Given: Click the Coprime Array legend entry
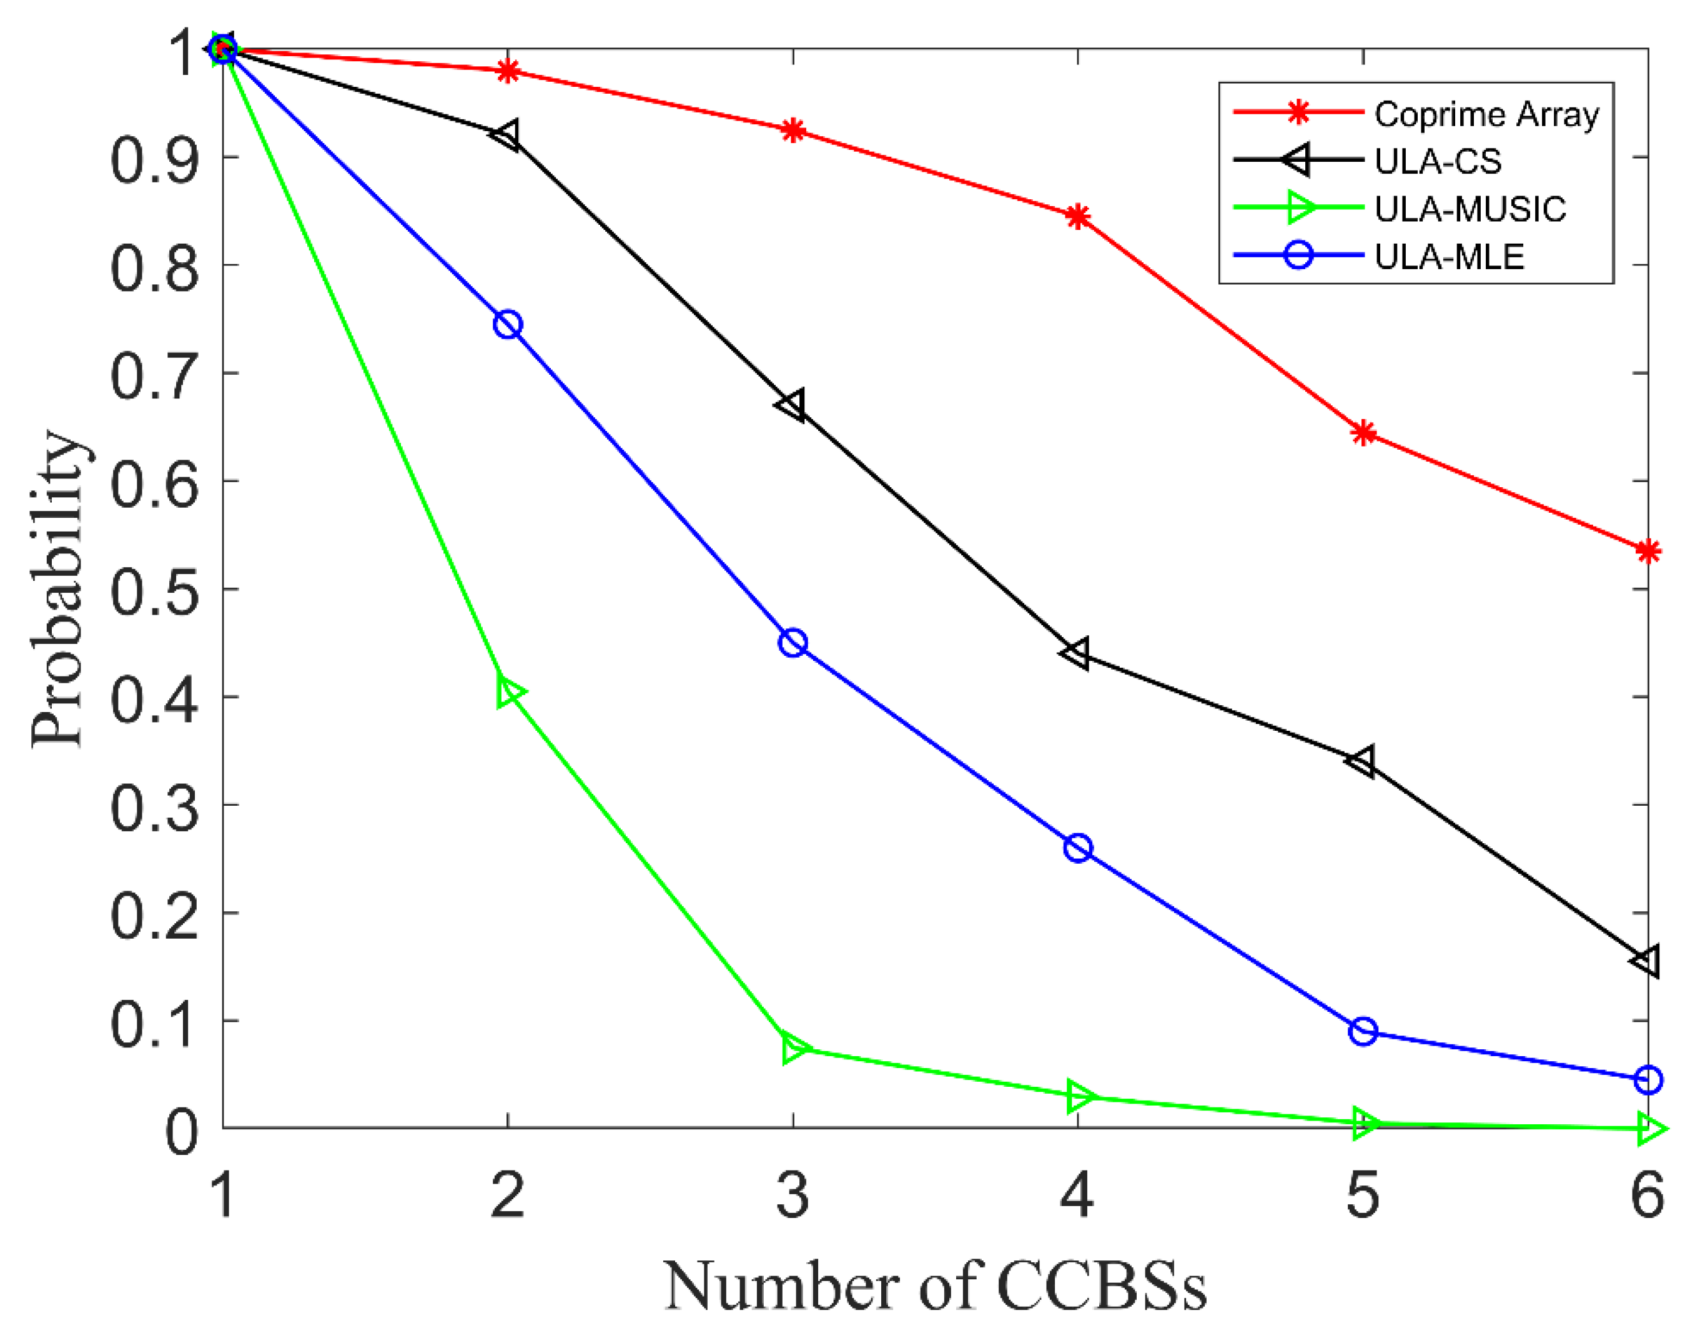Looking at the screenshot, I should [1486, 114].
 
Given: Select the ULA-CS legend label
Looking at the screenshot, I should [1438, 161].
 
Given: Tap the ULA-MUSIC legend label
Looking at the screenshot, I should [1470, 209].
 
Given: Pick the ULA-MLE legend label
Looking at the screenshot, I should [1448, 257].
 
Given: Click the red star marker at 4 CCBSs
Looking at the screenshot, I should [1078, 217].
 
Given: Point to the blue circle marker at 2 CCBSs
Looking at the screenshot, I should [508, 325].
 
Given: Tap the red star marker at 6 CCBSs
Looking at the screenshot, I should [1648, 552].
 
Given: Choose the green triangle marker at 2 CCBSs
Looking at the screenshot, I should [509, 692].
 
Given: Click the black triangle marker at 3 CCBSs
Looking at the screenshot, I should [791, 405].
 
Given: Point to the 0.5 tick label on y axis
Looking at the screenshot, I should [154, 591].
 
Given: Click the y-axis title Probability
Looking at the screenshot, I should [59, 589].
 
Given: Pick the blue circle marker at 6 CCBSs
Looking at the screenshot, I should [1648, 1080].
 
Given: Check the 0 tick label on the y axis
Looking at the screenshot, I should [182, 1131].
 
